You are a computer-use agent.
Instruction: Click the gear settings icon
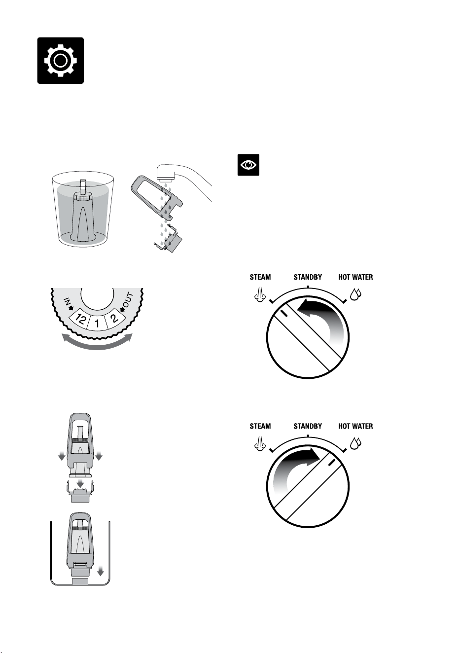coord(60,60)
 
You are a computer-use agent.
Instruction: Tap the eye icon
coord(248,165)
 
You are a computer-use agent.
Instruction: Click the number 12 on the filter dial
coord(80,319)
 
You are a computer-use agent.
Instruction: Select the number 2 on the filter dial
coord(114,318)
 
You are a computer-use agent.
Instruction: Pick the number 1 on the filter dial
coord(97,323)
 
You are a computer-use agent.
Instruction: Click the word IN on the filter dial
coord(67,301)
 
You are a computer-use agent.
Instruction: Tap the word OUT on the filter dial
coord(128,300)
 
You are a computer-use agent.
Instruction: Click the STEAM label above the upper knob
coord(260,277)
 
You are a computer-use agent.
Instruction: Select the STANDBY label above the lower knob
coord(308,426)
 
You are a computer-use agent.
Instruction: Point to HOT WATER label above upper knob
coord(355,277)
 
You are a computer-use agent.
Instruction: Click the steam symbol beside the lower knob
coord(260,443)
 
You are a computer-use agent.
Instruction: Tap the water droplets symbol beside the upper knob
coord(355,294)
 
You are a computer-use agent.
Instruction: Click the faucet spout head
coord(165,172)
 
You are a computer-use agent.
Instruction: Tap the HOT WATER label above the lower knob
coord(355,426)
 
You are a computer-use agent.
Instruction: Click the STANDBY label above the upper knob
coord(308,277)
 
